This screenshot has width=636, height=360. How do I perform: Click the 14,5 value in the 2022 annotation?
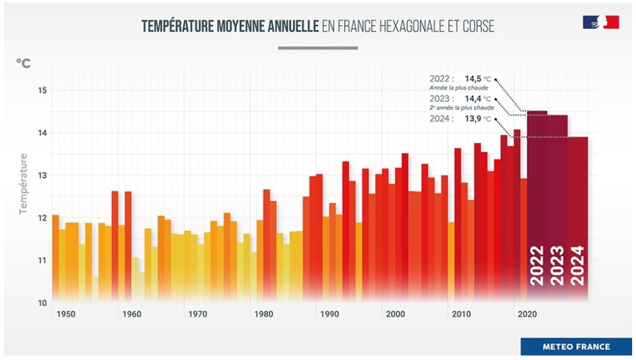tap(473, 79)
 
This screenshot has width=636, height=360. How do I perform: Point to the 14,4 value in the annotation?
tap(473, 99)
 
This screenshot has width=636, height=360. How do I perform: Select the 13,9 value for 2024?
tap(473, 119)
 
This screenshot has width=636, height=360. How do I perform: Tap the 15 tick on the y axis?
tap(42, 90)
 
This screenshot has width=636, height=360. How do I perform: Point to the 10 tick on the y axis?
tap(42, 303)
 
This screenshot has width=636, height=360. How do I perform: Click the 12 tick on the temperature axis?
tap(42, 218)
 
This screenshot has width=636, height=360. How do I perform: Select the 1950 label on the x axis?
tap(64, 314)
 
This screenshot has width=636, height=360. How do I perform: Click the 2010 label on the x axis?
tap(462, 314)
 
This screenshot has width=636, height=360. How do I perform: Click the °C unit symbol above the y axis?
tap(23, 63)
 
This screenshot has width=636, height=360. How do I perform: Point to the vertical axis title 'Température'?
tap(23, 184)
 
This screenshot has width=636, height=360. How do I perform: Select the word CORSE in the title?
tap(476, 26)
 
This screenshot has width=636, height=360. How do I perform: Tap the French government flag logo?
tap(601, 23)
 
